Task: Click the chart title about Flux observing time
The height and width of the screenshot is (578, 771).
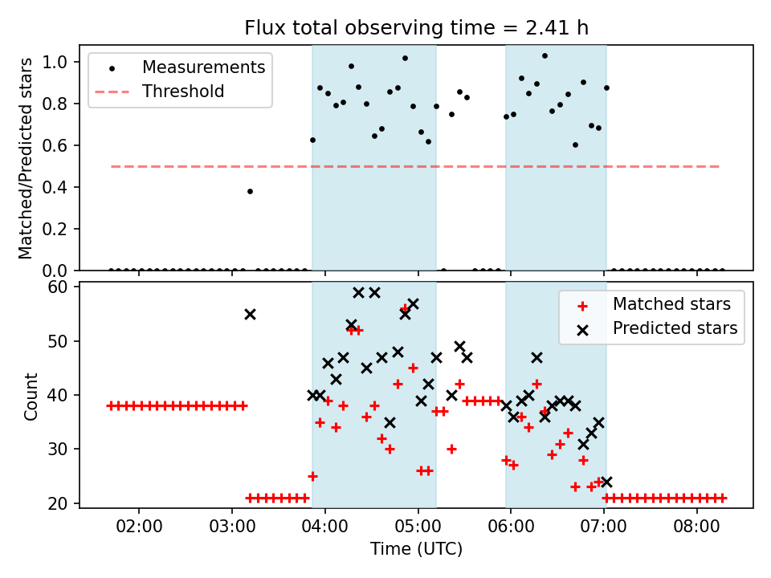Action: click(x=416, y=28)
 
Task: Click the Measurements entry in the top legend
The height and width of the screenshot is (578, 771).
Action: click(x=203, y=67)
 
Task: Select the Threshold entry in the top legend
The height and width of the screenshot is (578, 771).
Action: click(x=182, y=92)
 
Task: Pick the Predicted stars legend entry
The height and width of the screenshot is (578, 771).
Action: click(x=675, y=328)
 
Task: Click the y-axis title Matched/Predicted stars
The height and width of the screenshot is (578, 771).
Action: click(x=26, y=158)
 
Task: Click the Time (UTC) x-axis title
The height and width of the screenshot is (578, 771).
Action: click(x=416, y=549)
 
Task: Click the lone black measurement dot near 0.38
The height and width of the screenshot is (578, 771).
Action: click(x=250, y=191)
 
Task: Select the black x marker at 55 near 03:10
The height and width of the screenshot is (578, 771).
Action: click(x=250, y=314)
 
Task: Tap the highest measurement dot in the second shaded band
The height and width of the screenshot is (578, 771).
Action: click(x=545, y=55)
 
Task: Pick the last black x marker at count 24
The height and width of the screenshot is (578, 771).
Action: click(x=606, y=482)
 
